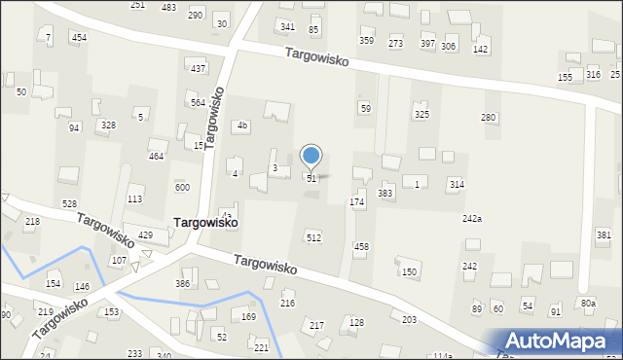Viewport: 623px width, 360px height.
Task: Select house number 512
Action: point(313,237)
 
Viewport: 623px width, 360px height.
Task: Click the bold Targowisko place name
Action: point(206,222)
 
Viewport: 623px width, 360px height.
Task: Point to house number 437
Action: point(198,68)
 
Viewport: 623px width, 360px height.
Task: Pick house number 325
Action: point(421,115)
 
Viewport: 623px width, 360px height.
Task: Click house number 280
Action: point(489,118)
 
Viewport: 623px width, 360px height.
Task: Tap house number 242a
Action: point(472,219)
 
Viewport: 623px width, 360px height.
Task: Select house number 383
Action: point(385,194)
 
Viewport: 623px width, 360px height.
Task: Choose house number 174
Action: point(357,201)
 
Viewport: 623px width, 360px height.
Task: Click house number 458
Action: point(361,247)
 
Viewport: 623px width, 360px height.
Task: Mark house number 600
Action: point(182,188)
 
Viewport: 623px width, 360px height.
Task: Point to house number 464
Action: point(156,157)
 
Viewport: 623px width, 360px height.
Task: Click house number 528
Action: point(69,203)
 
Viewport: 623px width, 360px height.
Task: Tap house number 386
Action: point(182,283)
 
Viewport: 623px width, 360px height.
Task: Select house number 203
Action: point(409,319)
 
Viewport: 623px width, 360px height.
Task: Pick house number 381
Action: point(604,235)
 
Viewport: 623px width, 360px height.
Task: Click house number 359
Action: point(366,41)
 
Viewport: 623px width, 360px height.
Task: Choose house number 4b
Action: point(243,126)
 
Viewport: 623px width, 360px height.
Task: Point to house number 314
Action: point(456,184)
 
